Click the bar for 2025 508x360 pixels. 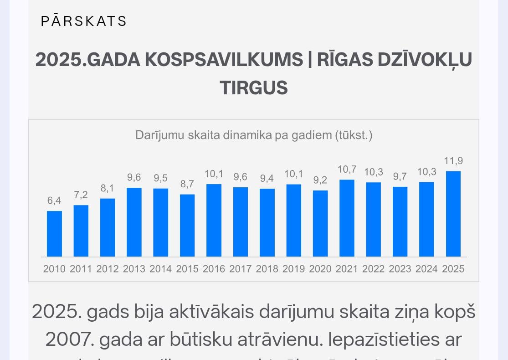click(x=453, y=214)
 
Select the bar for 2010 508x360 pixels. click(x=54, y=233)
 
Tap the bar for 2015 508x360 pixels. click(x=187, y=225)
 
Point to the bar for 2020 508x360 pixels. click(x=320, y=223)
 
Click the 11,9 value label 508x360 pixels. click(x=453, y=161)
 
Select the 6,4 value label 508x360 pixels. click(x=54, y=201)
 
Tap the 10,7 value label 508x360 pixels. click(x=347, y=170)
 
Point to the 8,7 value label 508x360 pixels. click(x=187, y=184)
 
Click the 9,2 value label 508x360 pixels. click(x=320, y=180)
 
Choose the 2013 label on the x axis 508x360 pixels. click(x=134, y=269)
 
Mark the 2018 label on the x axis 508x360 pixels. click(x=267, y=269)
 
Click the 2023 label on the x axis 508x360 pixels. click(x=400, y=269)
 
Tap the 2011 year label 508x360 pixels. click(x=81, y=269)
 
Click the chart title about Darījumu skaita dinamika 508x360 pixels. click(x=254, y=135)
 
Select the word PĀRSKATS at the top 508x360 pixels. click(x=84, y=21)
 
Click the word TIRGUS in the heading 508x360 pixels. click(x=254, y=87)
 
